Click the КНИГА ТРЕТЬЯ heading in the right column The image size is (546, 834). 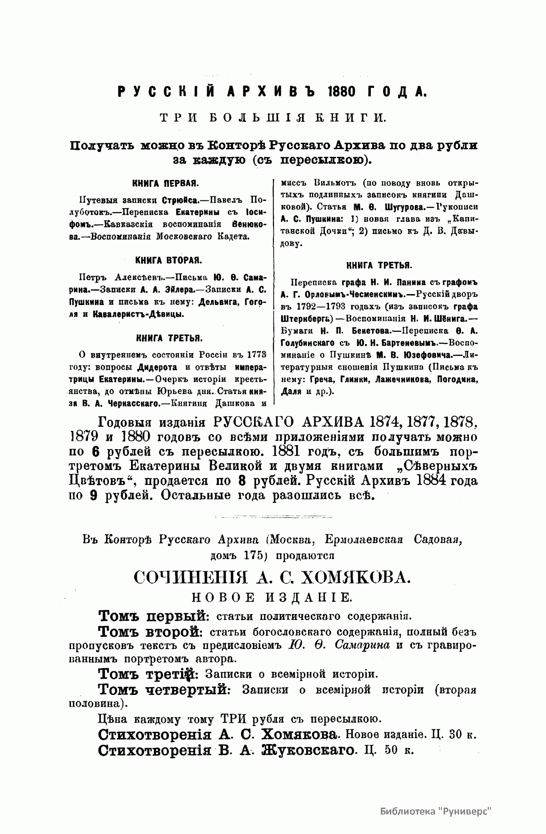pyautogui.click(x=379, y=265)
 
